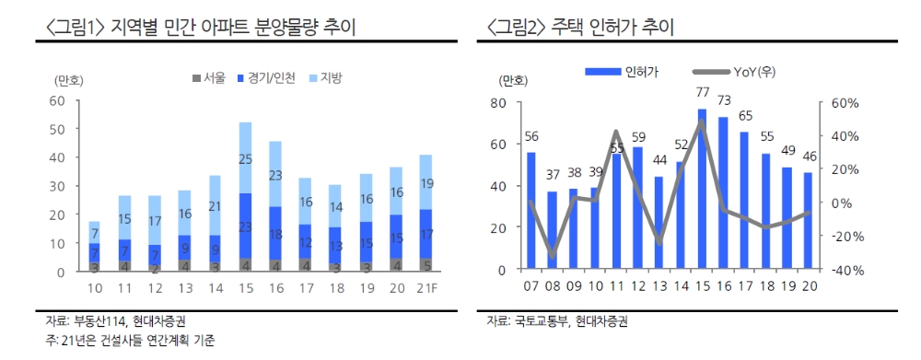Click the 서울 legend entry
point(208,78)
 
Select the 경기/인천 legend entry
point(266,78)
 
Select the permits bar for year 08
point(553,230)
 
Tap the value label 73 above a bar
point(724,100)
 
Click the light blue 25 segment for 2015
point(245,157)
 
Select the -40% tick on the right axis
point(844,270)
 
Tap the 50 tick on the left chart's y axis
point(56,128)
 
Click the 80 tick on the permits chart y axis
point(497,102)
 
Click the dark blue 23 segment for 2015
point(245,226)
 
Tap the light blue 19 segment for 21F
point(426,182)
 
